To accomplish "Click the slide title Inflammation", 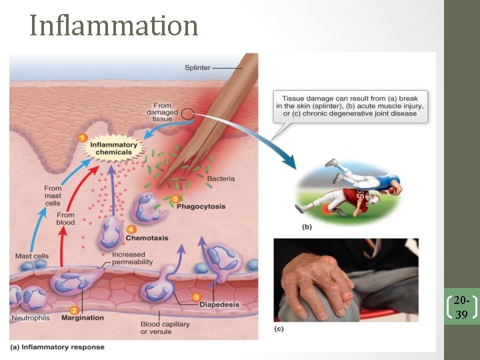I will (114, 25).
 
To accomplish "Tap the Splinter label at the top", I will (199, 67).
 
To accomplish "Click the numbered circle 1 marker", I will (83, 137).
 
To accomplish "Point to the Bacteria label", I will (221, 179).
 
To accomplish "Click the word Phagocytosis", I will (201, 207).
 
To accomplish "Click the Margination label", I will (83, 318).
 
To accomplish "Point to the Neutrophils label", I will (30, 318).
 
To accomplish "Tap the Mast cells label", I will (31, 256).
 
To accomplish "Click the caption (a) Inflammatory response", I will (57, 347).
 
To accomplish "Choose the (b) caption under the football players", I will (307, 227).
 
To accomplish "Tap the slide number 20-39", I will (461, 307).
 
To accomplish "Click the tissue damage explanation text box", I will (350, 105).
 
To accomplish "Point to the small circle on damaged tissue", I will (189, 115).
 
